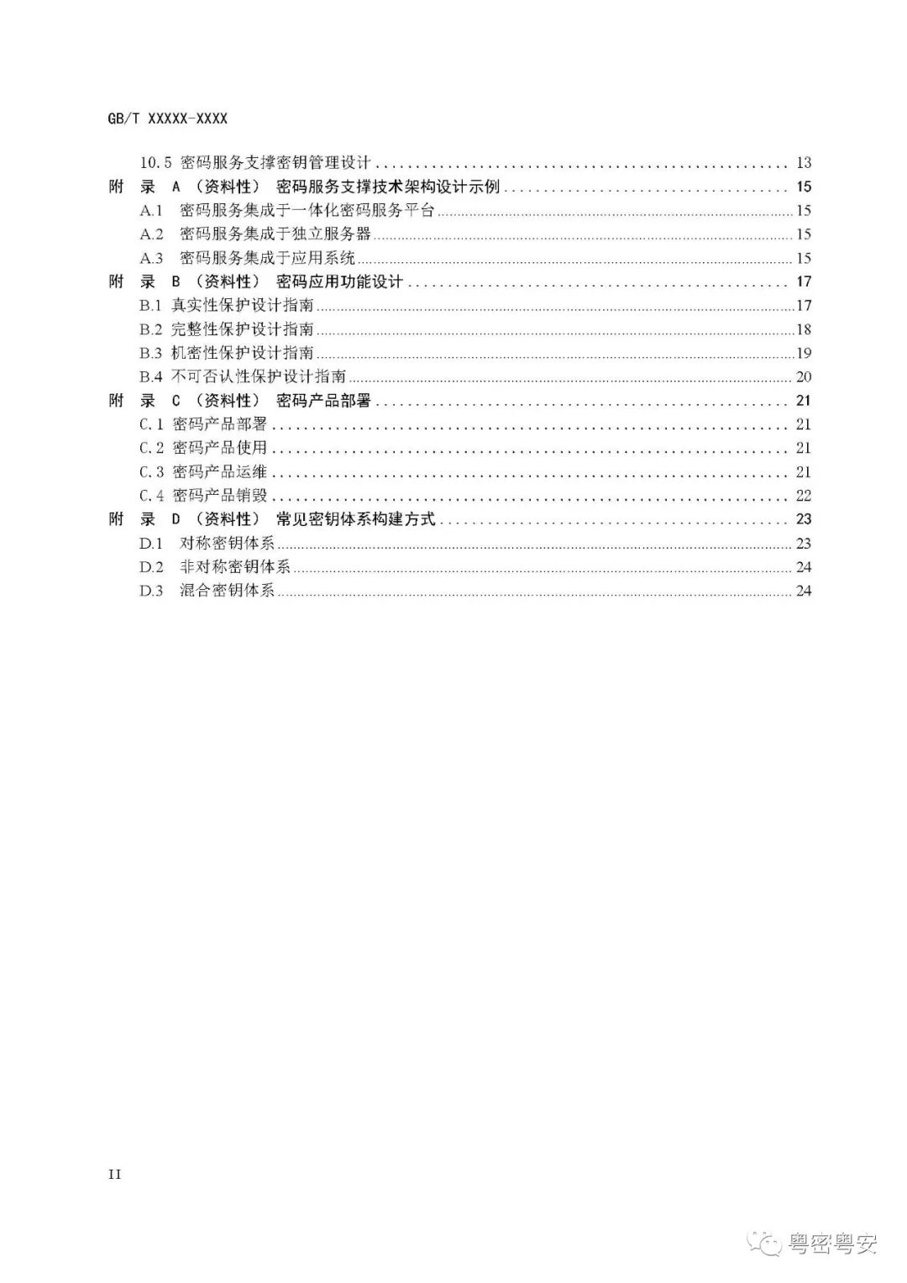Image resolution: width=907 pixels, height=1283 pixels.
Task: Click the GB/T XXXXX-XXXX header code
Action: click(168, 119)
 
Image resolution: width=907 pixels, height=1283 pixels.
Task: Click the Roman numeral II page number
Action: click(115, 1174)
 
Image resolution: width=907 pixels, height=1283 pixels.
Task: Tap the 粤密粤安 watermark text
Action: click(831, 1244)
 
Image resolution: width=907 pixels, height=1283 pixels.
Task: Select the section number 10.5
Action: click(156, 163)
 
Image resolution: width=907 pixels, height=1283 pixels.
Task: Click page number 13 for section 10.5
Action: click(803, 163)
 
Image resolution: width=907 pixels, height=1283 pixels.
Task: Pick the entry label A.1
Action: click(151, 211)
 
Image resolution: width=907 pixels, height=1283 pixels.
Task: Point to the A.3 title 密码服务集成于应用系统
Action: click(267, 258)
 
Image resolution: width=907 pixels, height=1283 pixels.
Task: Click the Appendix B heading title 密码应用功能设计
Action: click(339, 281)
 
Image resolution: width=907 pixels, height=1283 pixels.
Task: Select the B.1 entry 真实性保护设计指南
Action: click(243, 306)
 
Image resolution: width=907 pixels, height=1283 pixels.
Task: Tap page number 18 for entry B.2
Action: click(803, 329)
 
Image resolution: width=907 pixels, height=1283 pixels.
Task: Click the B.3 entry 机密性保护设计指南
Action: click(243, 353)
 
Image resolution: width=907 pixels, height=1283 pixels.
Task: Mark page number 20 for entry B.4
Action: click(803, 376)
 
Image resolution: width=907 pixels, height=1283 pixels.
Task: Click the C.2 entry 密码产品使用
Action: click(219, 448)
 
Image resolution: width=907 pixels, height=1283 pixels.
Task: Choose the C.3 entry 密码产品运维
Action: click(219, 471)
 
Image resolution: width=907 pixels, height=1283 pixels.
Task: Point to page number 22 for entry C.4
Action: click(803, 496)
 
